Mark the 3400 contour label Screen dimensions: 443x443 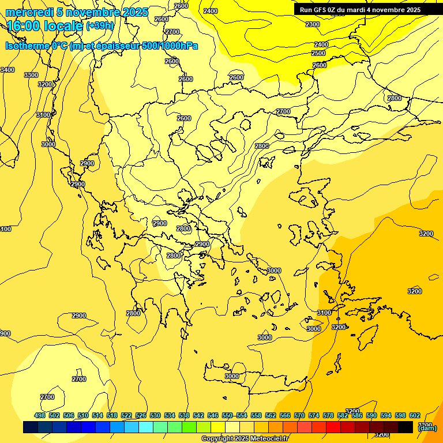pyautogui.click(x=7, y=70)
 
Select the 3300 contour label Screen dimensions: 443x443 pyautogui.click(x=31, y=76)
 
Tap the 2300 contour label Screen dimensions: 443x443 pyautogui.click(x=313, y=24)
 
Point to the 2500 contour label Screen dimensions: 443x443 pyautogui.click(x=318, y=53)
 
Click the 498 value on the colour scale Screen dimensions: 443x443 pyautogui.click(x=40, y=415)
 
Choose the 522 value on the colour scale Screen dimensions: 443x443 pyautogui.click(x=127, y=415)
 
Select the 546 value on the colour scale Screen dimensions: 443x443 pyautogui.click(x=213, y=415)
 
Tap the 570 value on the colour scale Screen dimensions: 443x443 pyautogui.click(x=299, y=415)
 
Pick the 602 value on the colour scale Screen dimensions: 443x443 pyautogui.click(x=415, y=415)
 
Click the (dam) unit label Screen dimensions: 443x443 pyautogui.click(x=427, y=427)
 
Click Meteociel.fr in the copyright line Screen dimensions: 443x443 pyautogui.click(x=269, y=439)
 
